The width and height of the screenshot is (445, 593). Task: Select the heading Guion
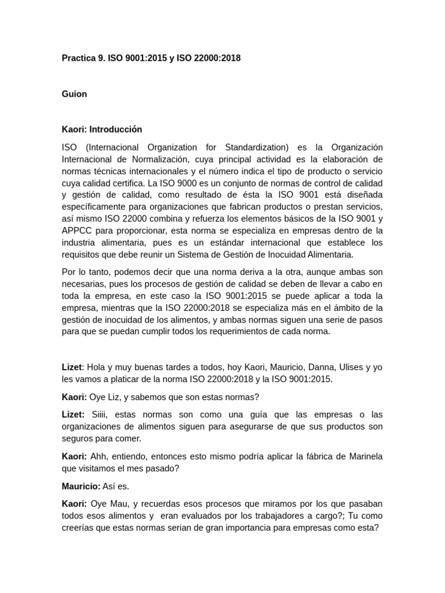tap(74, 94)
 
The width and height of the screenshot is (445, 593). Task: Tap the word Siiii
tap(103, 415)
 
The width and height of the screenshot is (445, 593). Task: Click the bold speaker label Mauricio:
tap(81, 486)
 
